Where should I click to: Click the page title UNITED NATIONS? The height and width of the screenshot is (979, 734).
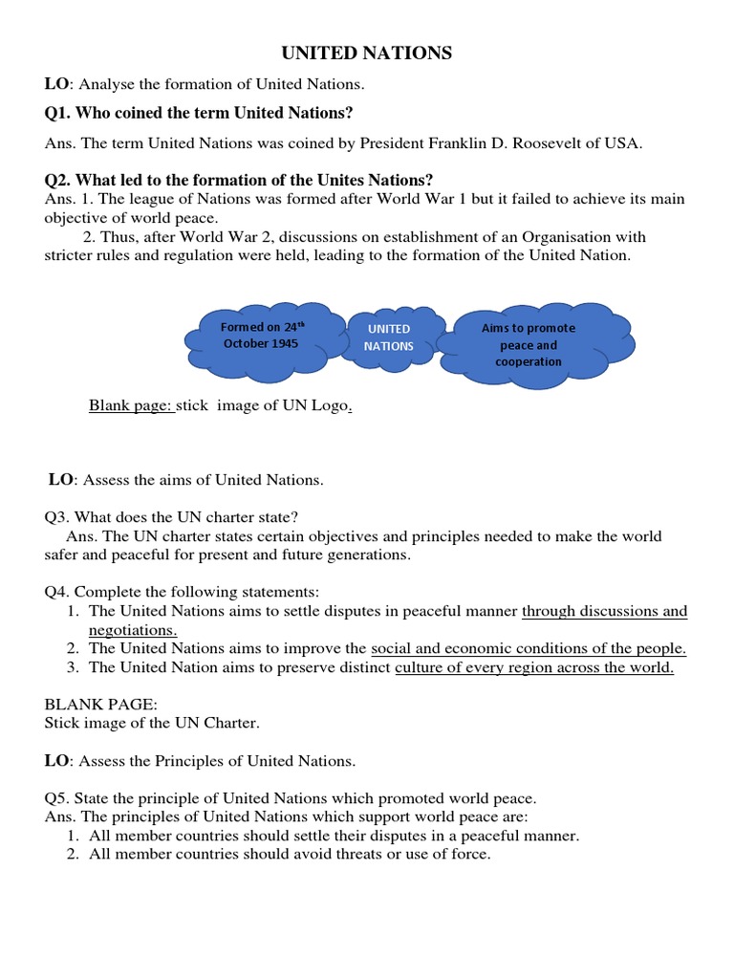366,54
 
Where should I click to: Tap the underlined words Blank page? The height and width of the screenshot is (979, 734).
131,405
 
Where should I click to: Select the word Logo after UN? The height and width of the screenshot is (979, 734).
326,405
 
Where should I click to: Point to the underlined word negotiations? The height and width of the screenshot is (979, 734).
133,630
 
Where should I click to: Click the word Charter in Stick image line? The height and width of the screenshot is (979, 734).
230,724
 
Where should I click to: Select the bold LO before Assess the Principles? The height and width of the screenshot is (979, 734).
57,761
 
